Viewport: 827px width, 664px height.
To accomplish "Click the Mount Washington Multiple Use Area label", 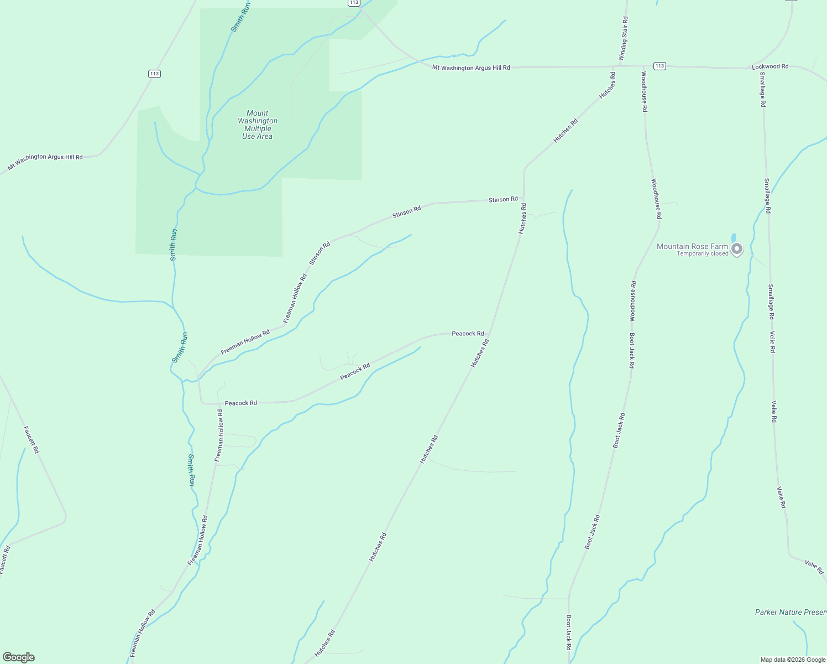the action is pyautogui.click(x=258, y=124).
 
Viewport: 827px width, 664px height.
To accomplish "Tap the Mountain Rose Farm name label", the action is pyautogui.click(x=692, y=246).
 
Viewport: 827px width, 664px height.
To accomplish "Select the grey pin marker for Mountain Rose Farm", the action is pyautogui.click(x=736, y=249).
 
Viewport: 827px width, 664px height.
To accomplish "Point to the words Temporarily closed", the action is pyautogui.click(x=702, y=254).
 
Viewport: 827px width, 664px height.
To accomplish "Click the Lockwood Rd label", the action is pyautogui.click(x=770, y=66).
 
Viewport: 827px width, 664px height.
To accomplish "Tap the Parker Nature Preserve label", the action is pyautogui.click(x=791, y=612).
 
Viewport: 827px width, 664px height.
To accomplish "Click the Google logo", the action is pyautogui.click(x=18, y=657).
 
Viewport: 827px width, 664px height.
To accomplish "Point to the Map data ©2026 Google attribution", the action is pyautogui.click(x=792, y=660).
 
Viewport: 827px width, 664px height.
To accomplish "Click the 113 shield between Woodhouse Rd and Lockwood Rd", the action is pyautogui.click(x=659, y=66).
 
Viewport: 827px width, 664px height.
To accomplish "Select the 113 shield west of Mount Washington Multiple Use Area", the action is pyautogui.click(x=154, y=74).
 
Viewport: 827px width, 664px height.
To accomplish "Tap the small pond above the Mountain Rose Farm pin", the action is pyautogui.click(x=734, y=238).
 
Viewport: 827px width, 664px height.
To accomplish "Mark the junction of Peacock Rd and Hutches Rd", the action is pyautogui.click(x=490, y=335).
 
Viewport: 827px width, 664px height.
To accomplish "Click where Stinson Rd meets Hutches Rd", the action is pyautogui.click(x=524, y=198).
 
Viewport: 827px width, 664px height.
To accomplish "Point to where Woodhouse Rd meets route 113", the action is pyautogui.click(x=644, y=66).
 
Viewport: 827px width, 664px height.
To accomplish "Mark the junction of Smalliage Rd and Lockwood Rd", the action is pyautogui.click(x=762, y=69).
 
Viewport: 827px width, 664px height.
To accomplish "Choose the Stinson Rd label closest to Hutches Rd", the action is pyautogui.click(x=503, y=199).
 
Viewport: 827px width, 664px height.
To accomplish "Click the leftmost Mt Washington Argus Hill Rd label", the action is pyautogui.click(x=45, y=161).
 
